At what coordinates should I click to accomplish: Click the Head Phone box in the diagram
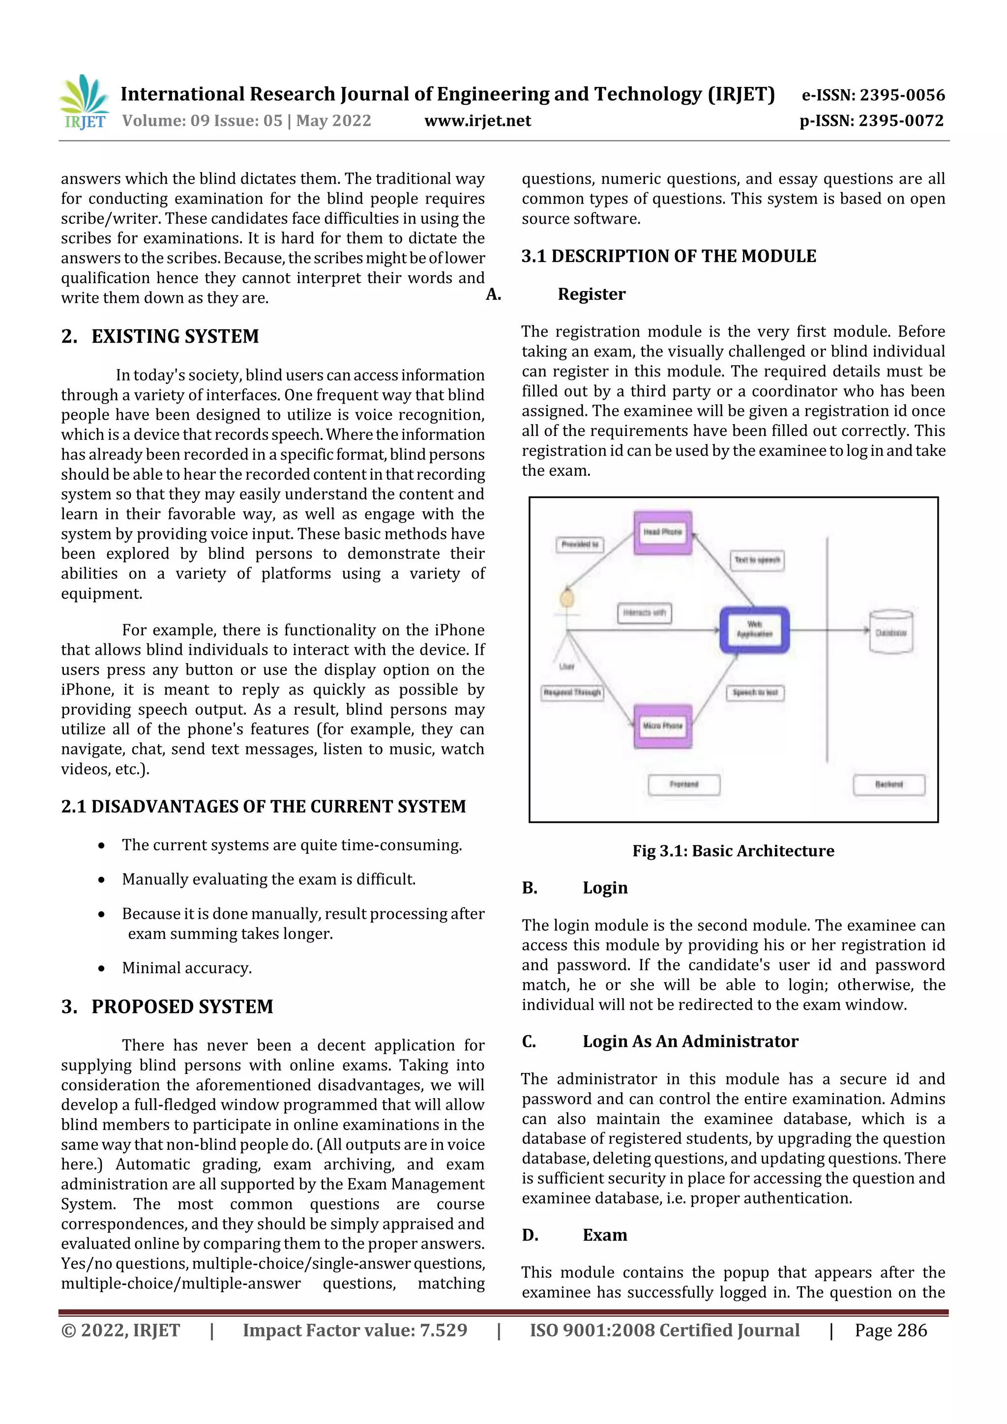coord(662,532)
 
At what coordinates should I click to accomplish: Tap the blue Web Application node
coord(754,630)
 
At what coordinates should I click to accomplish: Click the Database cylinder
coord(890,632)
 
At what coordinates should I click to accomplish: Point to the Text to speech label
coord(757,560)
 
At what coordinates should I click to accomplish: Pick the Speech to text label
coord(755,692)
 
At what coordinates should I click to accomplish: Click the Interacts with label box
coord(644,613)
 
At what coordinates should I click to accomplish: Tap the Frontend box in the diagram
coord(684,785)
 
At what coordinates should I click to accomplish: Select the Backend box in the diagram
coord(889,785)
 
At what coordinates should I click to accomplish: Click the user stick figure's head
coord(566,599)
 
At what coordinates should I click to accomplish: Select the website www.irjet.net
coord(477,121)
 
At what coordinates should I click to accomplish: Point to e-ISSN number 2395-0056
coord(873,95)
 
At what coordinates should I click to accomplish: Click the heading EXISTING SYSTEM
coord(175,336)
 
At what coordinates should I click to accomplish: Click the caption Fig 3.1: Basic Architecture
coord(733,851)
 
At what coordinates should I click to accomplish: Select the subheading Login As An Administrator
coord(690,1041)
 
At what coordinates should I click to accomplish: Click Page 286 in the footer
coord(890,1330)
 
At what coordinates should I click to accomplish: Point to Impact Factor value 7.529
coord(355,1330)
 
